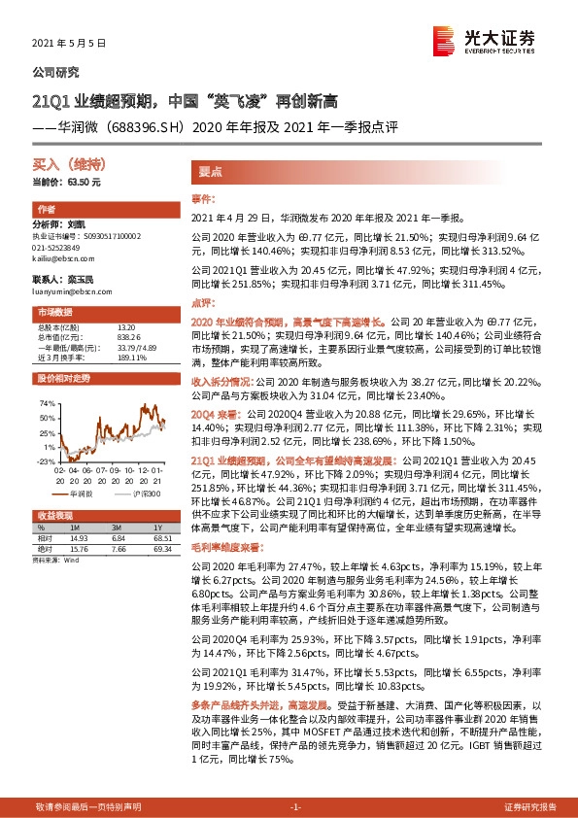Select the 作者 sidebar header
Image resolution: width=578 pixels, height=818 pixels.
[47, 209]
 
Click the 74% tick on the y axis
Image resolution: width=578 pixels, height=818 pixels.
[46, 401]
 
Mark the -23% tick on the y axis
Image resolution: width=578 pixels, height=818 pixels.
[45, 461]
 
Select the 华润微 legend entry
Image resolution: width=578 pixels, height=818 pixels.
[83, 494]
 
